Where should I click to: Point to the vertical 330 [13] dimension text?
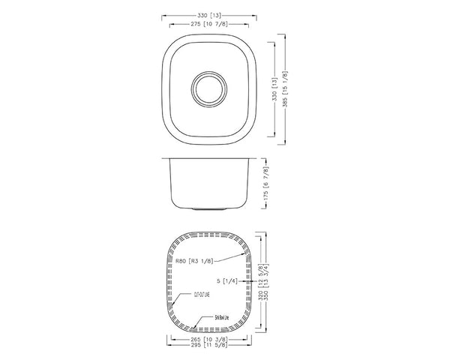coord(274,88)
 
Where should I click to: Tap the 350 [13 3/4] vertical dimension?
coord(268,281)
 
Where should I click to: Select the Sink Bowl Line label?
coord(221,318)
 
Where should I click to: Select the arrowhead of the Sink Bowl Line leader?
coord(194,328)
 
